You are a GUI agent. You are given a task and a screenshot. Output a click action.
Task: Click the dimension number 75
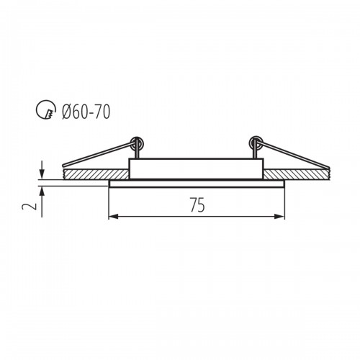point(197,205)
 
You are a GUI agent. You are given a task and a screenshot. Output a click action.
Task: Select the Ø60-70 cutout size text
point(86,112)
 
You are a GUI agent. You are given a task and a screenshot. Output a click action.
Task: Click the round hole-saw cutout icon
point(46,109)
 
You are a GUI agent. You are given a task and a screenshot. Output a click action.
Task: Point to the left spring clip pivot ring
point(138,143)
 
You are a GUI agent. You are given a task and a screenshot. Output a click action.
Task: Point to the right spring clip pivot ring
point(256,143)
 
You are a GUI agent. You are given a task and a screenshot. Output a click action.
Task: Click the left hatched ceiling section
point(96,174)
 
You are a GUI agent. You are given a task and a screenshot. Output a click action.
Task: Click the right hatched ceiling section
point(297,174)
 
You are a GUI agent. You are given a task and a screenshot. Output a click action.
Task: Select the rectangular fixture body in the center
point(197,168)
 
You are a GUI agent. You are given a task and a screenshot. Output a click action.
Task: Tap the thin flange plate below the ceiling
point(197,184)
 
